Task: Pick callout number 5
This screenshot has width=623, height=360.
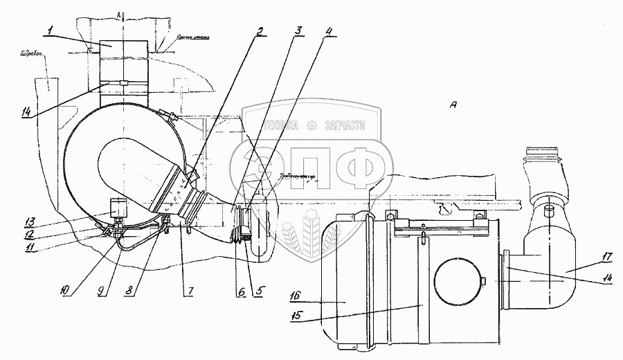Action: coord(260,291)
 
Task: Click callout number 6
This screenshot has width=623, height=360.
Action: coord(241,291)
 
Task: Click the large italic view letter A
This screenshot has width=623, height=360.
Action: coord(453,105)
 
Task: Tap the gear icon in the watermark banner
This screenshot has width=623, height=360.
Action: coord(312,125)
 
